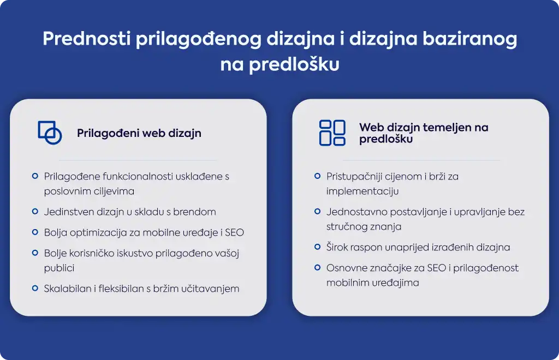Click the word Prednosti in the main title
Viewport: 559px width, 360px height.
tap(87, 39)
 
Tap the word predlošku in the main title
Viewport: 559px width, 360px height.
tap(294, 65)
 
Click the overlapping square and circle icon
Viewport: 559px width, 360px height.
tap(50, 133)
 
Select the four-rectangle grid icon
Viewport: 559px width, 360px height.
tap(332, 133)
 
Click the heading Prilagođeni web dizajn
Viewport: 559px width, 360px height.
tap(139, 133)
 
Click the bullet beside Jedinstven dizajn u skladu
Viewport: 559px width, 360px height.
tap(35, 212)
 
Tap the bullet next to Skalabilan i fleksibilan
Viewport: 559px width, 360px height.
tap(35, 288)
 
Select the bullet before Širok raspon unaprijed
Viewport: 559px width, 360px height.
tap(317, 247)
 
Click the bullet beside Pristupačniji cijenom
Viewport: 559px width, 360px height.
tap(317, 176)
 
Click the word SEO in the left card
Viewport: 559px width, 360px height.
tap(234, 232)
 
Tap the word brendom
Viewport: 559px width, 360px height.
tap(194, 212)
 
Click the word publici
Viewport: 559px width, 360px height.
tap(59, 268)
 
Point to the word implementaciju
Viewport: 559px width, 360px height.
tap(362, 191)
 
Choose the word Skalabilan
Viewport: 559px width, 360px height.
tap(67, 289)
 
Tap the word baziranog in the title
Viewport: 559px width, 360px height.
tap(470, 39)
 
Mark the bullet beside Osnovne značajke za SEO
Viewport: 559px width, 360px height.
tap(317, 267)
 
